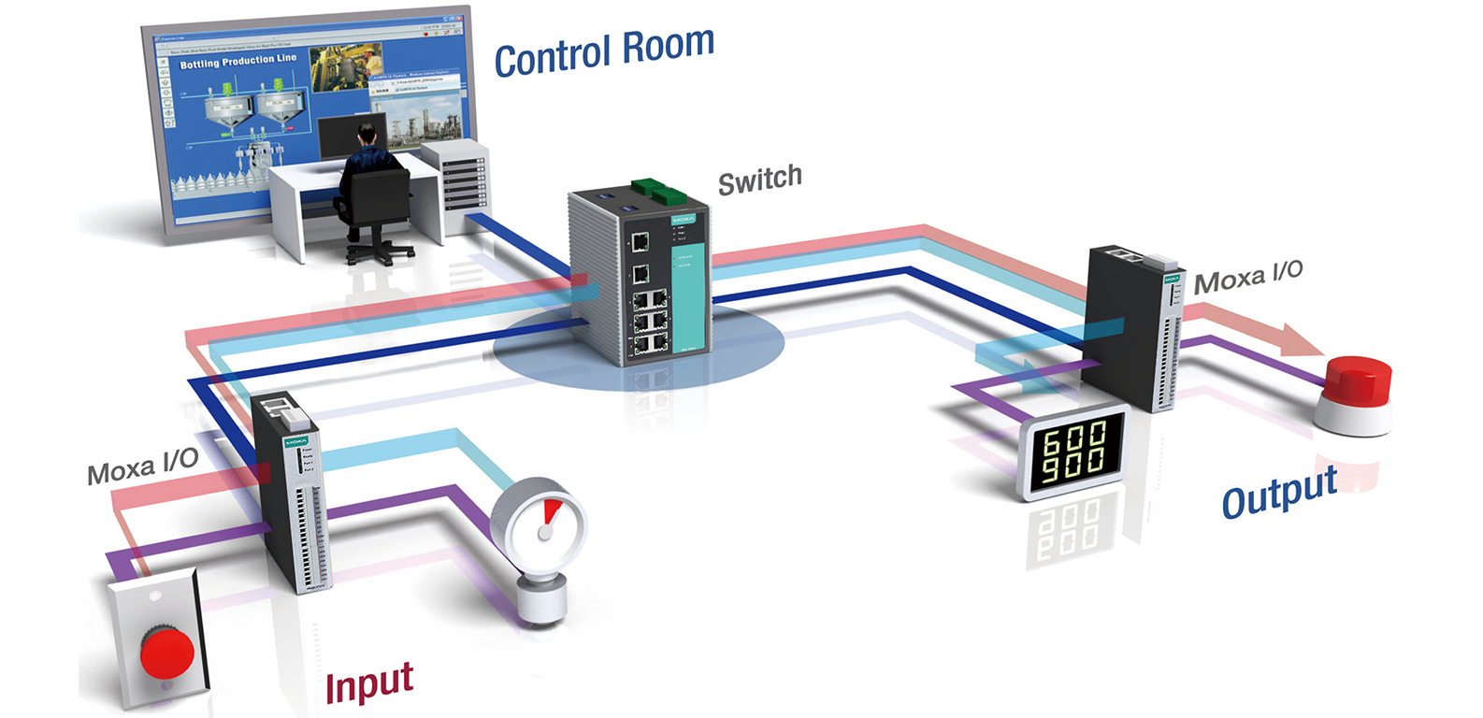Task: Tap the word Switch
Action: click(x=759, y=179)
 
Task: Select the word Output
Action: click(x=1279, y=493)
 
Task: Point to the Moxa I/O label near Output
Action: click(x=1248, y=278)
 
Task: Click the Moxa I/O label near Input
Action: click(x=142, y=466)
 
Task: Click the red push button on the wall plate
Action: click(x=166, y=652)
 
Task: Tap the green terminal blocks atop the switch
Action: click(x=658, y=191)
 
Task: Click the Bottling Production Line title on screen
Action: click(x=238, y=62)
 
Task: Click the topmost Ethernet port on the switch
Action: click(x=641, y=243)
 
